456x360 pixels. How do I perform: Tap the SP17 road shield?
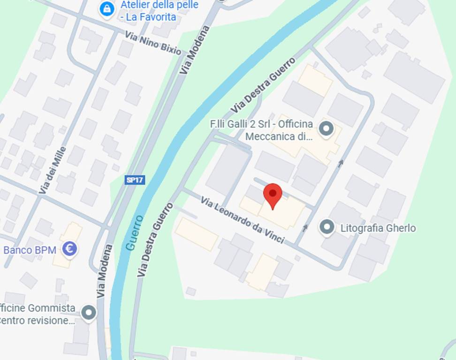135,180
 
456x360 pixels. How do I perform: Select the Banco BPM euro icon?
70,249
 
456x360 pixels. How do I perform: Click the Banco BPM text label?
30,250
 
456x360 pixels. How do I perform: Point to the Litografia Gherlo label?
378,228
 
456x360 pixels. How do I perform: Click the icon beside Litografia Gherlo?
327,227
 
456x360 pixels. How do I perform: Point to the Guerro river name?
134,233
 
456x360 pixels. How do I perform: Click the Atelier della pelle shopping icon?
107,8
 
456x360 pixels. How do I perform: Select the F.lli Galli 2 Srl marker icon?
326,127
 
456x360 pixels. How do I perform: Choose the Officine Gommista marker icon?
89,313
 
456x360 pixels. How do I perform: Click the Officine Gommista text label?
38,315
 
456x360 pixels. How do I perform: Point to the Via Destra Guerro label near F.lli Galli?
263,86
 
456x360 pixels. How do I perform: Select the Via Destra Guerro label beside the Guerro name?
155,240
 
